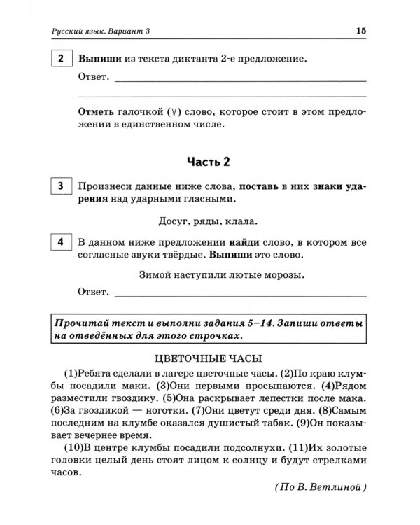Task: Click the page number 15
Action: (x=360, y=31)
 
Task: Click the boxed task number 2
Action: (x=62, y=60)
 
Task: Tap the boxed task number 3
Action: (x=62, y=186)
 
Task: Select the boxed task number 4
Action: (x=62, y=242)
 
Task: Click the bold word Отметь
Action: (x=99, y=112)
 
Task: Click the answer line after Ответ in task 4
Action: (x=238, y=294)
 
